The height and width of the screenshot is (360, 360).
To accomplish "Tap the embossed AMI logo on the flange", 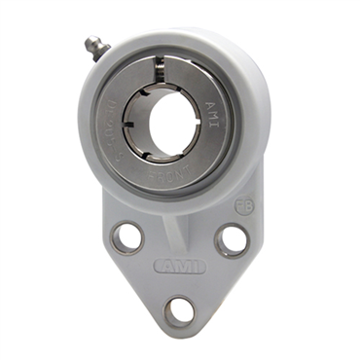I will [179, 266].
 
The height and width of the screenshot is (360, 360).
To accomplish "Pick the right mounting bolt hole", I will [232, 239].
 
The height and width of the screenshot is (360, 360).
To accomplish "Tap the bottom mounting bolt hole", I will [178, 311].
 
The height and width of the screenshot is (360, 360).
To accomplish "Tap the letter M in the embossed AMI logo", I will [180, 266].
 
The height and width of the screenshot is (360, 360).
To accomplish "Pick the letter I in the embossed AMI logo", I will [195, 266].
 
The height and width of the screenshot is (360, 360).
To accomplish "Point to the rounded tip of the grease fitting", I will [86, 42].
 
